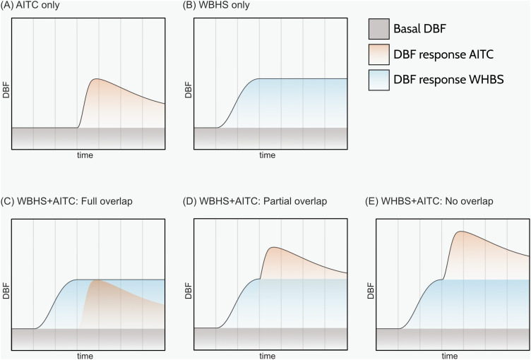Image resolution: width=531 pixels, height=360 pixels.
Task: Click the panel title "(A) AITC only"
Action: pos(30,5)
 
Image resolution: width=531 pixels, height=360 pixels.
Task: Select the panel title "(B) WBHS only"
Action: pos(216,5)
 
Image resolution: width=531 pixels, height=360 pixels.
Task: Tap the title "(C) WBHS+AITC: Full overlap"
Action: pos(66,201)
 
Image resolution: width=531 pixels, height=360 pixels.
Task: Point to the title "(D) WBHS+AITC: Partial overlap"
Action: pos(255,201)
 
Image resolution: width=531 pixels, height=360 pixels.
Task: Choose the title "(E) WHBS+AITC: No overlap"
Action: pos(429,201)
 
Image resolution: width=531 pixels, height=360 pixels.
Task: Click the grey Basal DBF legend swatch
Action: pos(379,29)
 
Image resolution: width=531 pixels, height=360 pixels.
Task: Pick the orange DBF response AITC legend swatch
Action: pos(379,54)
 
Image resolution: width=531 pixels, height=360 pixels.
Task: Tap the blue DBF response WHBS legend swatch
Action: pos(379,80)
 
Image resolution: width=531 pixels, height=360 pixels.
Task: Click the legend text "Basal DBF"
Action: pos(419,29)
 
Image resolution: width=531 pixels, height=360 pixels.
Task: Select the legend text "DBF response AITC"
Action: pos(443,54)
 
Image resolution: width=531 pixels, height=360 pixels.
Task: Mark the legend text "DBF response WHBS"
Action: pos(448,80)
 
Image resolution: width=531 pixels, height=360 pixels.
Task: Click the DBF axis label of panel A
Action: pos(6,90)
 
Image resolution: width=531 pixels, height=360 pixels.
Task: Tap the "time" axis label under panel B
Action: pos(267,155)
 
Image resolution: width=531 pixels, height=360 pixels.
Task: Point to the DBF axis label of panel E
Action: pos(371,291)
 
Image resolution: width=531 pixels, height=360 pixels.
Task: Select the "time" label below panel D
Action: pos(267,356)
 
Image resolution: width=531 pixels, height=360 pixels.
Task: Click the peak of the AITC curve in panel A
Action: pos(97,79)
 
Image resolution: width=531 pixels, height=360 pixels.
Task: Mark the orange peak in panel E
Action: pos(460,232)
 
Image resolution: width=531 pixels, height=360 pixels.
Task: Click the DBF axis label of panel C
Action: pos(6,291)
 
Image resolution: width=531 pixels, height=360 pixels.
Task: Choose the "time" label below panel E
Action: pos(450,356)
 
